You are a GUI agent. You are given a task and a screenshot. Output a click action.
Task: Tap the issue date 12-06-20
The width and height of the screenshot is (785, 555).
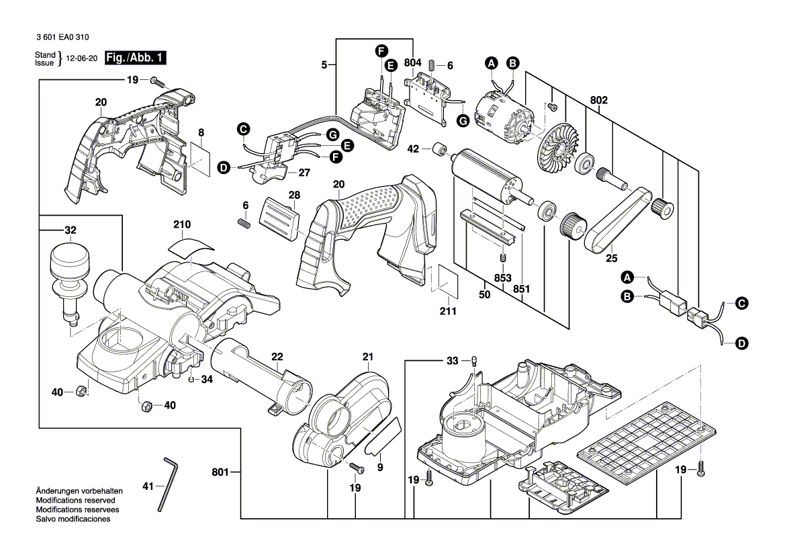pos(82,59)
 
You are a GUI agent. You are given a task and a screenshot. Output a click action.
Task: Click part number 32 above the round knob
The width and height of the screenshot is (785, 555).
pos(71,230)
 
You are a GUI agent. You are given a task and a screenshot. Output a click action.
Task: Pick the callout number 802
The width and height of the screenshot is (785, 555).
pos(599,100)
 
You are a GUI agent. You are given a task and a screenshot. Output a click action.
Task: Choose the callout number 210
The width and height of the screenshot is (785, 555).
pos(182,224)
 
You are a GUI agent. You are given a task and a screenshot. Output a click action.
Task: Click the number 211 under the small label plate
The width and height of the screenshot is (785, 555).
pos(448,311)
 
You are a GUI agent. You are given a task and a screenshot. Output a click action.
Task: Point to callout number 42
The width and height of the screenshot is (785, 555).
pos(414,148)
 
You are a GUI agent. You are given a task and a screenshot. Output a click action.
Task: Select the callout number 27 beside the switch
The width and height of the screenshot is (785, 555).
pos(304,173)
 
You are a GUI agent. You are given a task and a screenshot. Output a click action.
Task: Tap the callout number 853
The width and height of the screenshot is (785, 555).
pos(502,278)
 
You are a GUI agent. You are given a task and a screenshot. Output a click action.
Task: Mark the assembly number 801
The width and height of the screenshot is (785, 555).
pos(220,472)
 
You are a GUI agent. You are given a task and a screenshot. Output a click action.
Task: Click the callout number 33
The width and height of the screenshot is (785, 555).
pos(453,361)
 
